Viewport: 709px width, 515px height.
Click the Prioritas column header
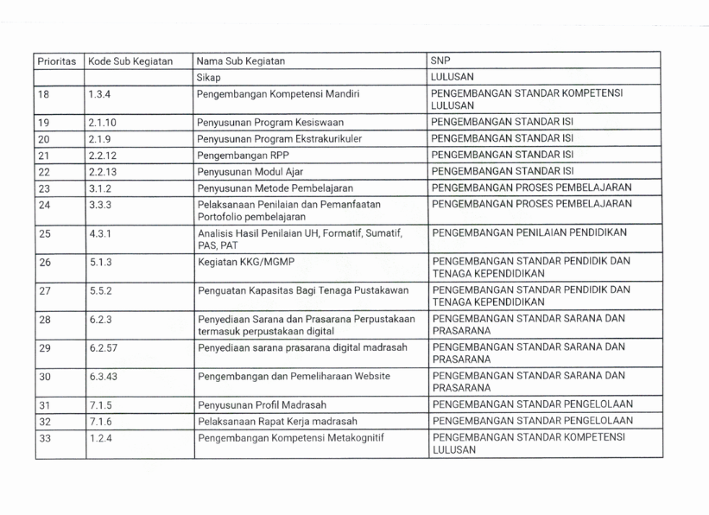click(57, 61)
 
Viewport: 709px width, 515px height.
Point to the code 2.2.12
click(103, 155)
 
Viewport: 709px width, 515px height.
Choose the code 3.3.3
click(99, 203)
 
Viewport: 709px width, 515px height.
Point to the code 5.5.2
click(99, 291)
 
